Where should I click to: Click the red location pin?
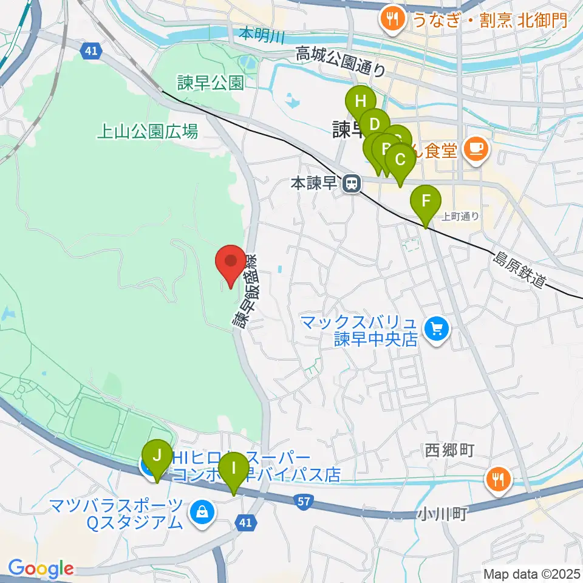point(231,262)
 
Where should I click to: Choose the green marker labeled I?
point(233,469)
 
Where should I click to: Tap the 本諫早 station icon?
point(350,183)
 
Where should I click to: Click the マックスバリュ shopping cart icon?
point(436,330)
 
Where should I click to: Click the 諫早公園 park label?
point(210,83)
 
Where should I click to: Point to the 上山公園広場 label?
point(148,131)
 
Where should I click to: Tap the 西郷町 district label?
point(449,450)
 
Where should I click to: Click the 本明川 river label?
point(262,34)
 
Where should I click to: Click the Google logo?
point(41,569)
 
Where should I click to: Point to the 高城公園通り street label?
point(340,62)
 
